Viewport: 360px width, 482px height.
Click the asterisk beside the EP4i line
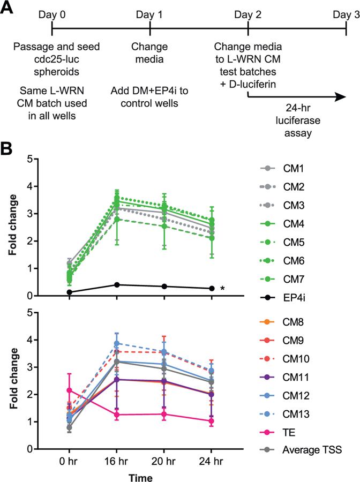222,289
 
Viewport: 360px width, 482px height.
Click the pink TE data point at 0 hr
70,390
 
